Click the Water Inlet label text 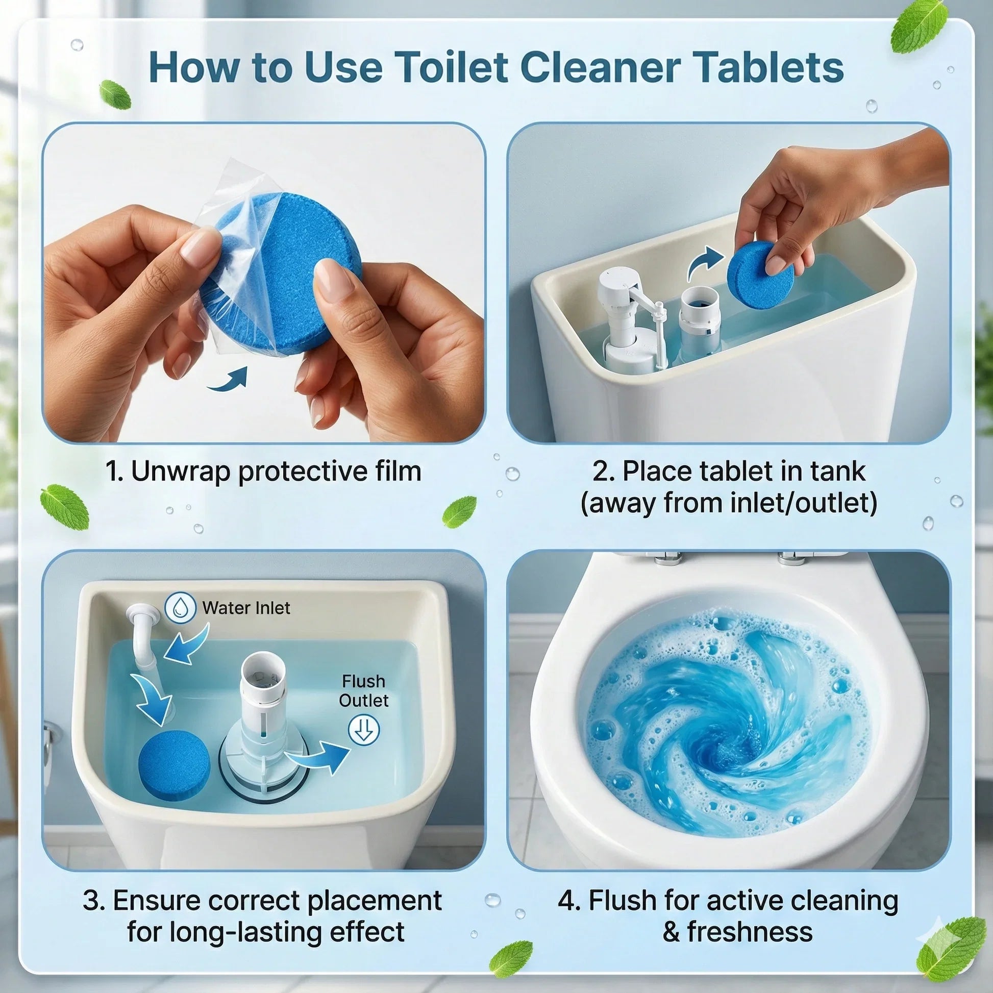coord(246,608)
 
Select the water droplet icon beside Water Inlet coord(181,608)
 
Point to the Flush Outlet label coord(363,691)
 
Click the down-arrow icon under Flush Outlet coord(364,730)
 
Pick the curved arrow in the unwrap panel coord(228,379)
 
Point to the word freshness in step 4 coord(750,932)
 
